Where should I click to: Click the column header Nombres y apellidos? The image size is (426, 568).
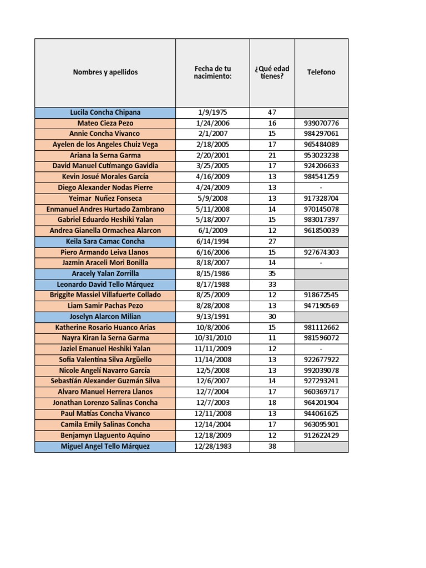(105, 72)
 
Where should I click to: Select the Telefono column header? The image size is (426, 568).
(321, 72)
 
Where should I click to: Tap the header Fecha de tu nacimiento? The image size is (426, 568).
(212, 72)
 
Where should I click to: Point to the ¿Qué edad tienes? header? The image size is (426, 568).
(272, 72)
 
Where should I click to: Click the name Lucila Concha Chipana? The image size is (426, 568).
(105, 112)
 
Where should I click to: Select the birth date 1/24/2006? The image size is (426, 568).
(212, 123)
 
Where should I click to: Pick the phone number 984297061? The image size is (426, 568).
(321, 134)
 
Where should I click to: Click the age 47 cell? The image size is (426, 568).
(272, 112)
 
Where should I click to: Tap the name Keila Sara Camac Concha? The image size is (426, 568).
(105, 241)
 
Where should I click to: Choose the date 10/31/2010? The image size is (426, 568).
(212, 338)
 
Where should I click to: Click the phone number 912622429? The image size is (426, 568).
(321, 435)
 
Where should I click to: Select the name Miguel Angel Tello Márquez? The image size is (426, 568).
(105, 447)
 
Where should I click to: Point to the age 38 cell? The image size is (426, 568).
(272, 447)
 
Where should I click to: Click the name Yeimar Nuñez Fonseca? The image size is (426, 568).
(105, 199)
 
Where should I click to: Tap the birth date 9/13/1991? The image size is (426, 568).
(212, 316)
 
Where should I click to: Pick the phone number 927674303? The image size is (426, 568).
(321, 252)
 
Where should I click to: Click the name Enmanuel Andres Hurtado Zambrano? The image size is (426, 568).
(105, 209)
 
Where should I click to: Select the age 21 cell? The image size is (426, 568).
(272, 155)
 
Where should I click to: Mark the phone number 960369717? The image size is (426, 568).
(321, 392)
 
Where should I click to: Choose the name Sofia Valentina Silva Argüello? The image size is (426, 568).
(105, 359)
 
